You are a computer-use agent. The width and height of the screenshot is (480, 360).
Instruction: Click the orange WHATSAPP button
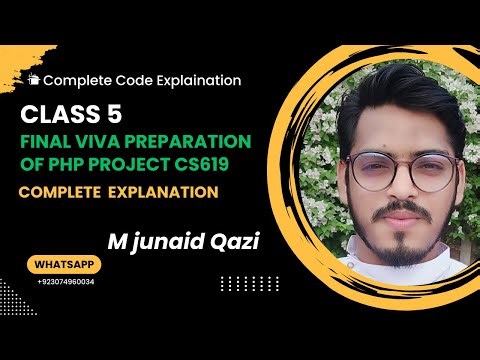[66, 267]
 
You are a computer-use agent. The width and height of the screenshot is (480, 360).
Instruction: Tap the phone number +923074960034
[66, 283]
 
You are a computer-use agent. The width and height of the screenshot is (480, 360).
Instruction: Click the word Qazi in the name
[238, 241]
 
